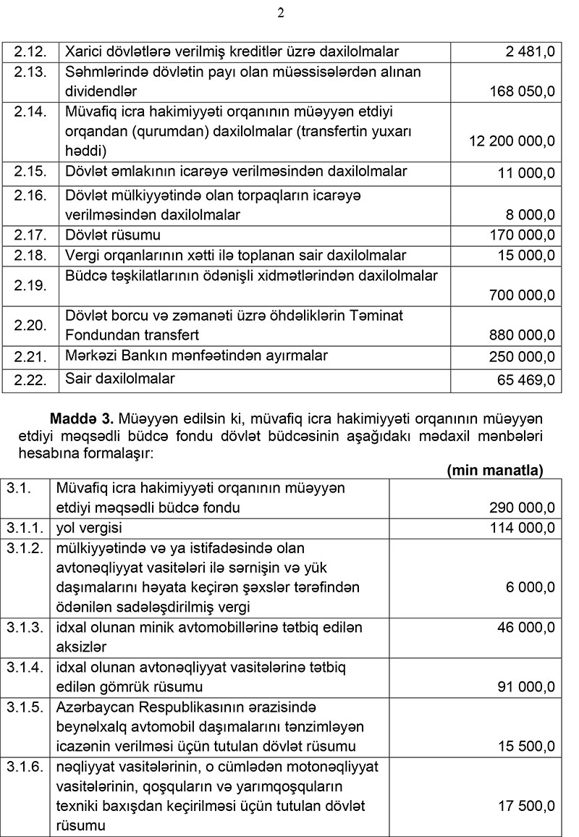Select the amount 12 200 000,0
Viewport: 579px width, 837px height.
point(512,140)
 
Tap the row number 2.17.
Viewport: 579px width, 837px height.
point(30,235)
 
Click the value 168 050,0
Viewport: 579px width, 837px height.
point(520,91)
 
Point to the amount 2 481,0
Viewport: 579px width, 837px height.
point(531,51)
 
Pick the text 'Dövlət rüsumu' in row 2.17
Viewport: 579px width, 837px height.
point(113,235)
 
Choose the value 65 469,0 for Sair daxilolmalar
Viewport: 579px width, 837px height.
point(523,379)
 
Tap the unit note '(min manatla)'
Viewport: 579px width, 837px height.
point(495,470)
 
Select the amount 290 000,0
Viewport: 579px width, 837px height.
point(520,508)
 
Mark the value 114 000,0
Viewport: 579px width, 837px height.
point(520,528)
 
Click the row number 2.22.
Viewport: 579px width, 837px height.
point(30,379)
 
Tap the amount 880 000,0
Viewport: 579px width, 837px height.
point(520,335)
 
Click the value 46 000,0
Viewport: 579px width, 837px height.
point(523,627)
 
